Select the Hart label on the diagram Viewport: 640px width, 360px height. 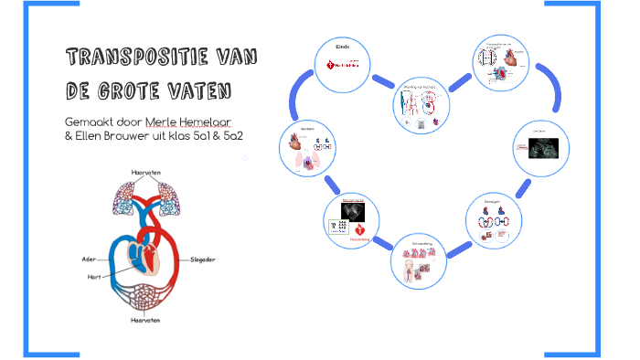(x=92, y=275)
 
